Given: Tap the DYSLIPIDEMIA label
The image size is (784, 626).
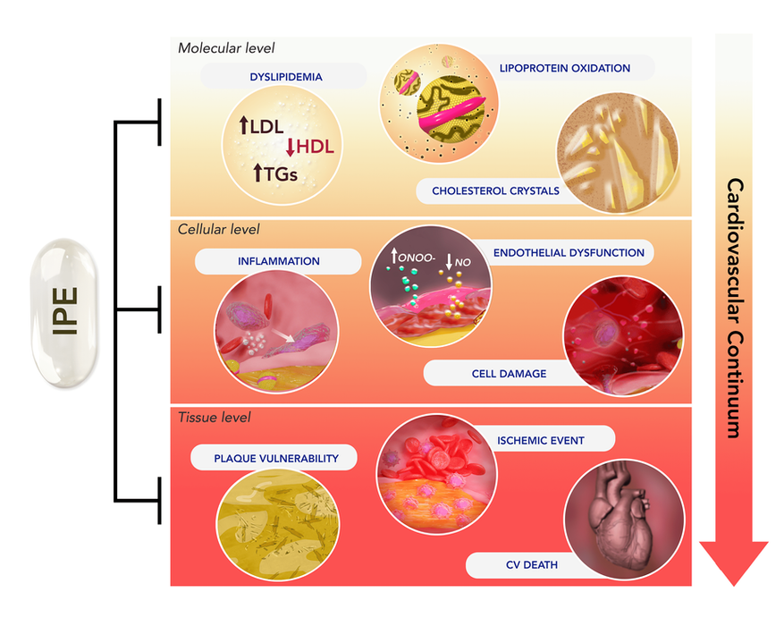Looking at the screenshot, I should [x=286, y=77].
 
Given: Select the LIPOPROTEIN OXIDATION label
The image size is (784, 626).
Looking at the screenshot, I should [x=565, y=68].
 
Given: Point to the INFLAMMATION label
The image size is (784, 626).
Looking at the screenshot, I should [x=277, y=261].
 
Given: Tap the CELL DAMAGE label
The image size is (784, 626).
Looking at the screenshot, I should [x=509, y=373].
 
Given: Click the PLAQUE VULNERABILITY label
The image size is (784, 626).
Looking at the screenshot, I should [x=276, y=458].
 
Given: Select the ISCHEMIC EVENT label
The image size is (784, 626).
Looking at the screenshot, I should [x=540, y=440].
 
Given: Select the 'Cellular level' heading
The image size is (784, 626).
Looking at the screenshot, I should [x=218, y=230].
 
